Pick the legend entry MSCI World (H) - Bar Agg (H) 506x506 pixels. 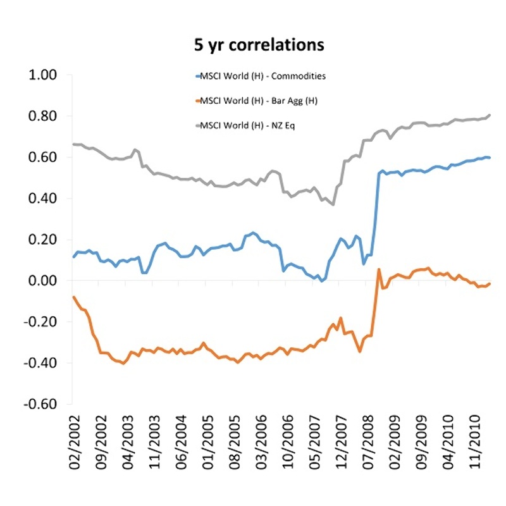256,101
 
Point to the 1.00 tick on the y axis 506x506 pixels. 44,75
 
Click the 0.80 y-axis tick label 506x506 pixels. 44,116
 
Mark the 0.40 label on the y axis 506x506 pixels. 44,199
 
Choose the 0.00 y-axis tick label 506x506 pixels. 44,281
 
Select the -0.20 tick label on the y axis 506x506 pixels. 41,322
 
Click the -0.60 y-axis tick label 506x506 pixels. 41,404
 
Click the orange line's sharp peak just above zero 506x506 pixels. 379,269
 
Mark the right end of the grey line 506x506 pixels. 490,115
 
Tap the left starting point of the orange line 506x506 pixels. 73,297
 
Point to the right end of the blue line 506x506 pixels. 490,157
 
